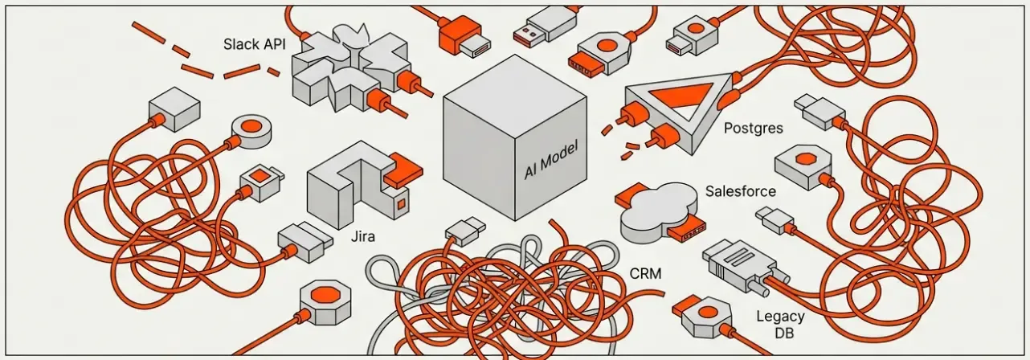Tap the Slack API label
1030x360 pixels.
252,43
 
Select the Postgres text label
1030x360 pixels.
754,128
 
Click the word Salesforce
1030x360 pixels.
740,191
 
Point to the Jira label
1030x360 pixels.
364,238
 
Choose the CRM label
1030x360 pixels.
646,274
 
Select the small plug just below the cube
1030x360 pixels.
464,231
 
